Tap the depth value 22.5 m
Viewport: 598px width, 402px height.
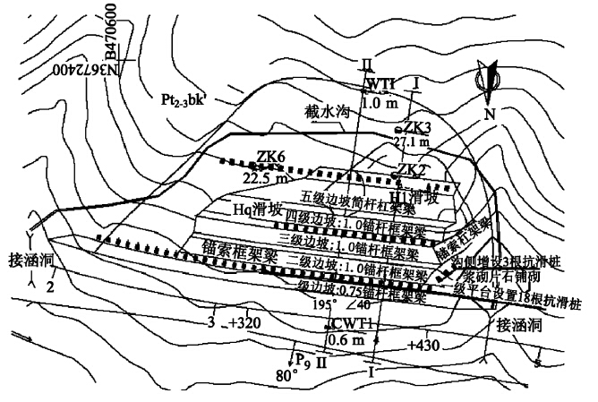(x=267, y=176)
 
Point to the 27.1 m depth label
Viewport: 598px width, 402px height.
(x=412, y=142)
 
